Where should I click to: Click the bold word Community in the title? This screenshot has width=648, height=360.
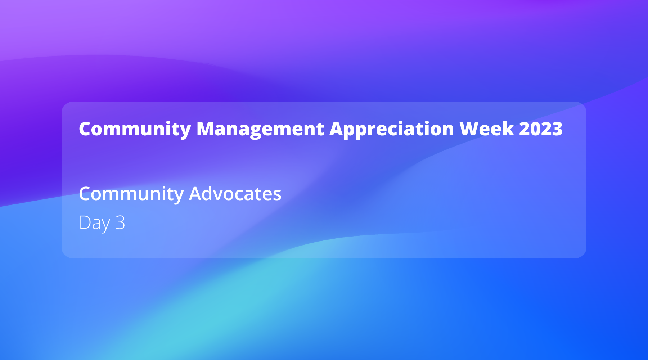point(135,129)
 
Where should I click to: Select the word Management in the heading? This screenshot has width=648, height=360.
point(260,129)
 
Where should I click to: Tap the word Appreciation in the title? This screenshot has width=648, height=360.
point(391,129)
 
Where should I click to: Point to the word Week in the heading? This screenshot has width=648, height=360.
point(486,129)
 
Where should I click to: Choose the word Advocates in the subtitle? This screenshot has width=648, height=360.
point(235,194)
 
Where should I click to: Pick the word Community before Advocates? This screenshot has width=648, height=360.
point(131,194)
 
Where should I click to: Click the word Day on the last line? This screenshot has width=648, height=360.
point(94,222)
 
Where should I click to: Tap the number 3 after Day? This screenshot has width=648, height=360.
point(120,222)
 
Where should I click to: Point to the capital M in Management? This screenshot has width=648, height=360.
point(206,129)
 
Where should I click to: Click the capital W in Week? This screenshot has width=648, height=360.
point(469,129)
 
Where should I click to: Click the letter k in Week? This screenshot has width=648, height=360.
point(509,129)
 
